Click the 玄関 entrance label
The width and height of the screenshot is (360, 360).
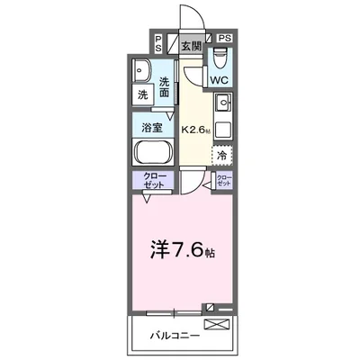point(190,45)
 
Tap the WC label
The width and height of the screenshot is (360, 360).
point(220,79)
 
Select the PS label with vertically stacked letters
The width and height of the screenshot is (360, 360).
point(158,42)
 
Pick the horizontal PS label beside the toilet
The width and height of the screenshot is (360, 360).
point(224,38)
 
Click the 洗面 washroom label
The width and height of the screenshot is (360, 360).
point(165,86)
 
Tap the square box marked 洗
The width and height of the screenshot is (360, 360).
point(143,94)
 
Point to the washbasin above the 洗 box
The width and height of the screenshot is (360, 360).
point(142,70)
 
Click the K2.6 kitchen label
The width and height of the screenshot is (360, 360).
point(195,130)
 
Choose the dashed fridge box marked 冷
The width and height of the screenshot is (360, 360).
point(222,155)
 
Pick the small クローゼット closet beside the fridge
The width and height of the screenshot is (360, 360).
point(224,179)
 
